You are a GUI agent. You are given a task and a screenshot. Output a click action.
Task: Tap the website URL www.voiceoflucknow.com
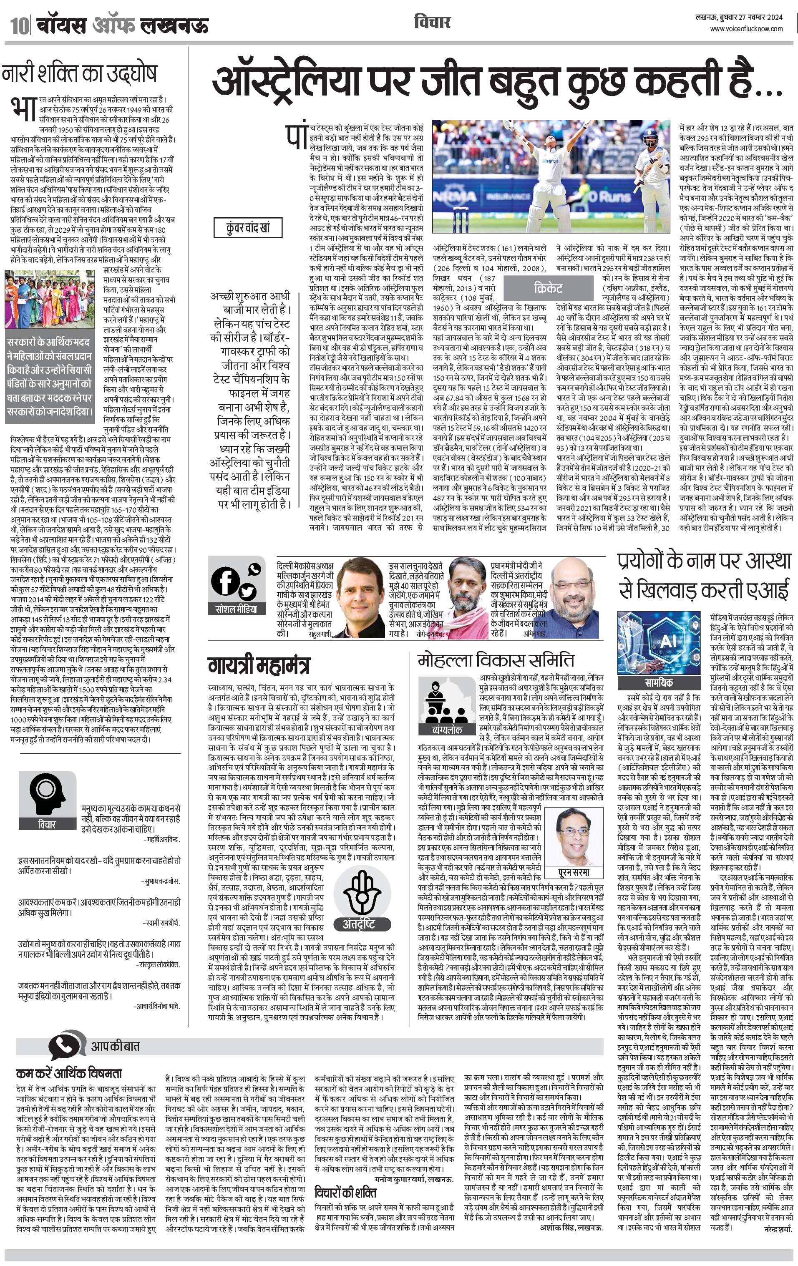pyautogui.click(x=746, y=29)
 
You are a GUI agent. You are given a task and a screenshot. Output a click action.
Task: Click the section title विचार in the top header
pyautogui.click(x=432, y=22)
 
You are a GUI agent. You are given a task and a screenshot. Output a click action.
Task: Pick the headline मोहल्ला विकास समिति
pyautogui.click(x=496, y=660)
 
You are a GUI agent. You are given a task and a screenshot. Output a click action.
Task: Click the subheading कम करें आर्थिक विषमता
pyautogui.click(x=69, y=1073)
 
